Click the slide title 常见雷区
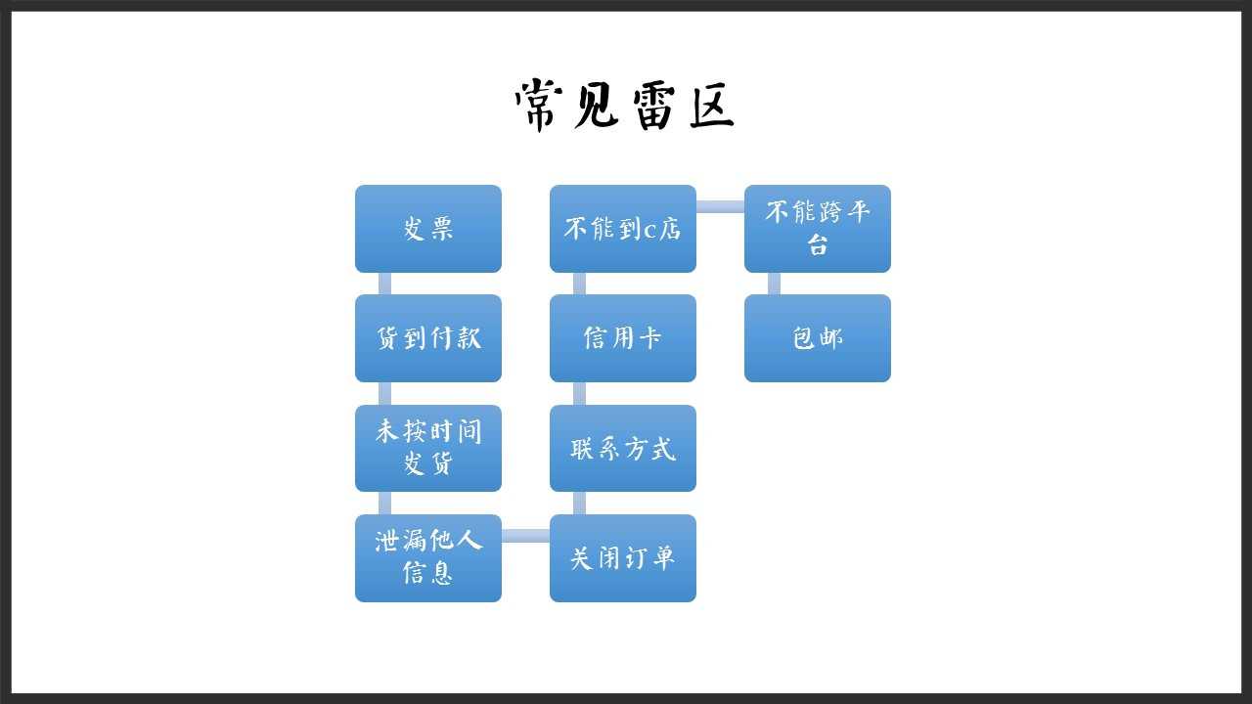(x=624, y=105)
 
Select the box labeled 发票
(x=428, y=229)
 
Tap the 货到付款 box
(x=428, y=338)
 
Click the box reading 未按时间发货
(x=428, y=448)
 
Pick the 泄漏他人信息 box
(x=428, y=558)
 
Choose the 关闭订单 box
(x=623, y=558)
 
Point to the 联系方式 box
(x=623, y=448)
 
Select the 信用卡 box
(x=623, y=338)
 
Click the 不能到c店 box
(x=623, y=229)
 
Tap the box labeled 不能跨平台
(x=817, y=229)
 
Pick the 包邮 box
(x=817, y=338)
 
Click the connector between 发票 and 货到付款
(x=384, y=284)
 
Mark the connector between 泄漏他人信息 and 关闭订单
(x=525, y=536)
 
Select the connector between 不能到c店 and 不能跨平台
(x=720, y=206)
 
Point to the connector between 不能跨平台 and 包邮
(x=774, y=284)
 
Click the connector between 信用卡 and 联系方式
(x=579, y=393)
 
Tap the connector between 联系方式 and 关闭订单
(x=579, y=504)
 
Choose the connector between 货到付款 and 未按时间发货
(x=384, y=393)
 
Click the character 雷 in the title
(x=653, y=108)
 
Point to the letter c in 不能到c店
(x=649, y=231)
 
